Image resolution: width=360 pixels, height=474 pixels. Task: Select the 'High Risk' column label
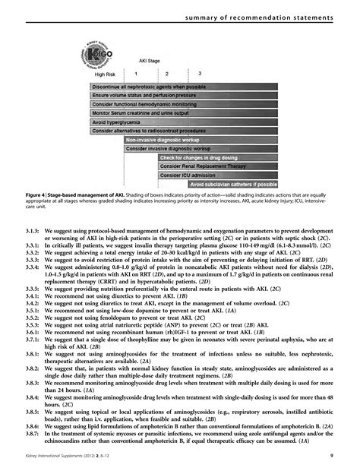click(106, 74)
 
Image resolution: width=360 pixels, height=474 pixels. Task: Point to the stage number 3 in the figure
click(199, 74)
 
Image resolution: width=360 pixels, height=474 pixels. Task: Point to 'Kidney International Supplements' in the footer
click(52, 455)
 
